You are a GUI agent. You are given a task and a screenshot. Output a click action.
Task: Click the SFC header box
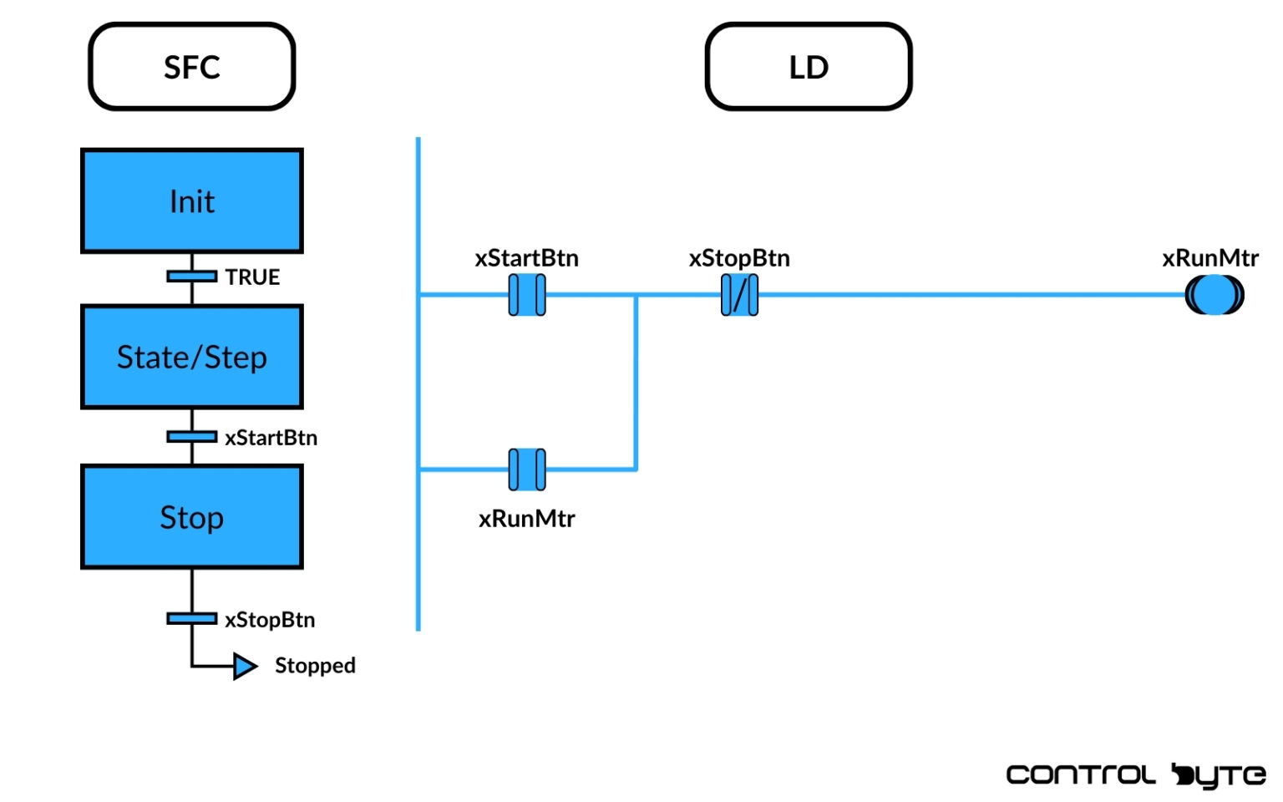191,67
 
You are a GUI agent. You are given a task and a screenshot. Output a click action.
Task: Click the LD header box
808,67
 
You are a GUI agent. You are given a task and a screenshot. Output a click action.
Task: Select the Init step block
191,201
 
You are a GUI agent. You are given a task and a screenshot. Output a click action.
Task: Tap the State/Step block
191,358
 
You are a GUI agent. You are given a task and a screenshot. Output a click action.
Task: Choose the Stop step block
191,517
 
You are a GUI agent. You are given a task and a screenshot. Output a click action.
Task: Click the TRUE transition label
252,277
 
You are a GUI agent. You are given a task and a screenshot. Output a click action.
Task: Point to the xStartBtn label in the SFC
271,438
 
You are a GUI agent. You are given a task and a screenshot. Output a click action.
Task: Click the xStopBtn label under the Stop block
270,620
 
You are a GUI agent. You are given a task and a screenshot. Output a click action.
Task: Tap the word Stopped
315,666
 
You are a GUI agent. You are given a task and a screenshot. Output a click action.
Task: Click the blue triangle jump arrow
244,667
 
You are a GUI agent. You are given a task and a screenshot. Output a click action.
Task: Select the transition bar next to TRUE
191,277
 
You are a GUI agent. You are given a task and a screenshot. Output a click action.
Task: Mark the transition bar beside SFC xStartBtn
191,437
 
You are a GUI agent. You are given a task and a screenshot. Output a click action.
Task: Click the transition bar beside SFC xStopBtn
191,619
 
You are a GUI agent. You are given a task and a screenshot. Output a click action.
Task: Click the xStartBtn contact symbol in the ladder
527,295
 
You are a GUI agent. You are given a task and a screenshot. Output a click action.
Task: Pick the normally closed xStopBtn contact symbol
739,295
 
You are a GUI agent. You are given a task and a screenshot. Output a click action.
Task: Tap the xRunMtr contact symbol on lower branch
527,470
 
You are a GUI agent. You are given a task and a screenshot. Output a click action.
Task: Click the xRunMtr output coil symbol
1214,295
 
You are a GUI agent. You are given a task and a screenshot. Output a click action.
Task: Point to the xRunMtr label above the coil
1209,258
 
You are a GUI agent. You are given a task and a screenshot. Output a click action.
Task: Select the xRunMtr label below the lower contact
526,519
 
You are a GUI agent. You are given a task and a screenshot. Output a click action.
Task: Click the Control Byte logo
1135,775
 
